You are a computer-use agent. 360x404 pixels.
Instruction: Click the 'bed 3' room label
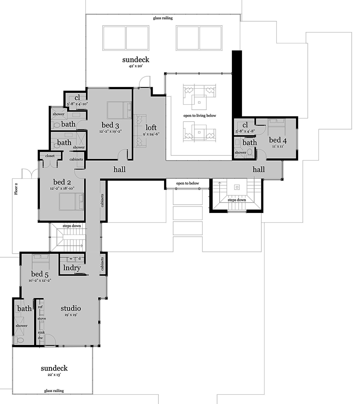(110, 125)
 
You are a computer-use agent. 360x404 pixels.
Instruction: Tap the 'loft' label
(151, 127)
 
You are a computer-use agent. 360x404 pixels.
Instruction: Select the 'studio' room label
(71, 308)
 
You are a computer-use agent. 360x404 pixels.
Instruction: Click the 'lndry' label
(72, 268)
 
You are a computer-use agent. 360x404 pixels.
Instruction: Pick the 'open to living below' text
(199, 115)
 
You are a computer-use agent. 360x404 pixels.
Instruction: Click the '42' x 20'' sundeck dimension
(135, 66)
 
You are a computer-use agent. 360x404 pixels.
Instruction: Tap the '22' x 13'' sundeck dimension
(54, 375)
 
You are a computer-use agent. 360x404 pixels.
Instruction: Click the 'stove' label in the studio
(42, 318)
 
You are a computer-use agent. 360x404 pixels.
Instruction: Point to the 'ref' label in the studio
(40, 307)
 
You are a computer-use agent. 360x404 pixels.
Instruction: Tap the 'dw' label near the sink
(40, 338)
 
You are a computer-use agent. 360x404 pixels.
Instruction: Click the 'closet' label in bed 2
(50, 156)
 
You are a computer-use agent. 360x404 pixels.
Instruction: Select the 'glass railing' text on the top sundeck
(163, 18)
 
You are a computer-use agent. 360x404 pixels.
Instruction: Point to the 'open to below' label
(187, 183)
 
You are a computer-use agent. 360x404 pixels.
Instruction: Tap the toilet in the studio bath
(20, 340)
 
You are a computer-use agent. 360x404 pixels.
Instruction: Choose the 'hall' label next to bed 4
(258, 169)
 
